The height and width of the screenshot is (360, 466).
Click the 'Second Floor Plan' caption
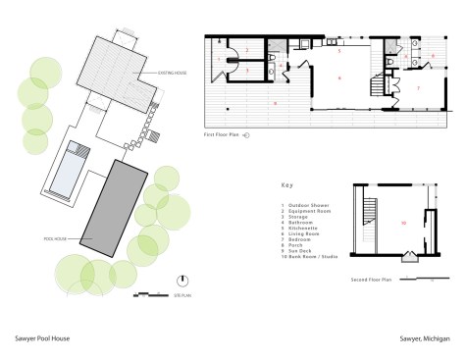pos(372,280)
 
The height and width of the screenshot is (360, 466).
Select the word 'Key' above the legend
pos(286,183)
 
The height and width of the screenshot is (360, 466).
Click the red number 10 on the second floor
pos(402,224)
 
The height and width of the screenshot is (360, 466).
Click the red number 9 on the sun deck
pos(276,102)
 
